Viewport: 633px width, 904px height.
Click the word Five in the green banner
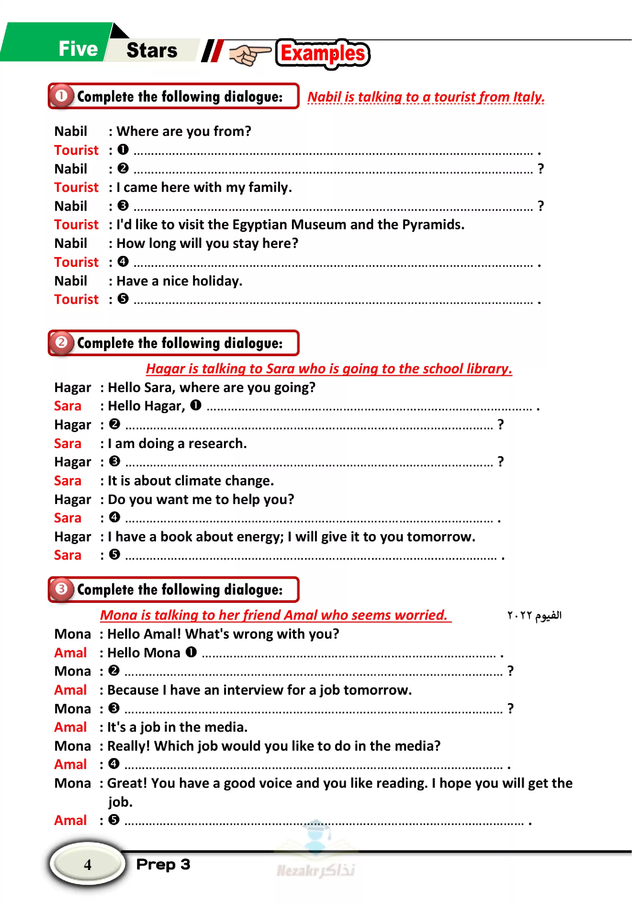78,49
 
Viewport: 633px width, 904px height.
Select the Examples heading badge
322,54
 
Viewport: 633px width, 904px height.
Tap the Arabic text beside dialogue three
534,615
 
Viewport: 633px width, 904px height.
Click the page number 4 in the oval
88,865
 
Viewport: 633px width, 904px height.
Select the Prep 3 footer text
163,865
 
